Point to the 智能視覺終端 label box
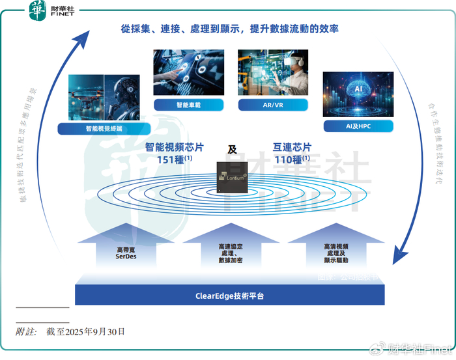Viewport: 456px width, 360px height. tap(99, 129)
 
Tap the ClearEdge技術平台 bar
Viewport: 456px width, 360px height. tap(229, 296)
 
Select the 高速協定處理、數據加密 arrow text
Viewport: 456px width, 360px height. tap(231, 253)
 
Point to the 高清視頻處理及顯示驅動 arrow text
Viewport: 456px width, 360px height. tap(335, 253)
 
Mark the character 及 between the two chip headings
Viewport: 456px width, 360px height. tap(232, 149)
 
